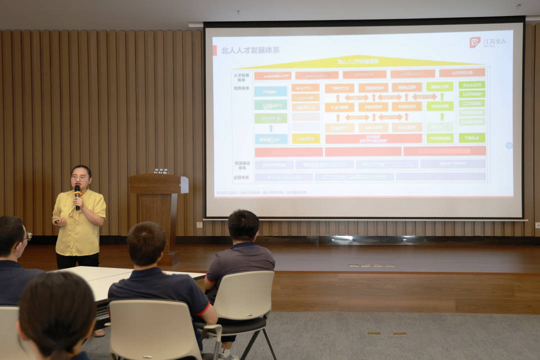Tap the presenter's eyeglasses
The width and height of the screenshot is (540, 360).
[79, 177]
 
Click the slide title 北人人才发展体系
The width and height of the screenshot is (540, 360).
[250, 50]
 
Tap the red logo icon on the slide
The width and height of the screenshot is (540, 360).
[474, 42]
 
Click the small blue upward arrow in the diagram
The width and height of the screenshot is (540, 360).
[271, 128]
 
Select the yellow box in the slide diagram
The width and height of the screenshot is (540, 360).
[305, 138]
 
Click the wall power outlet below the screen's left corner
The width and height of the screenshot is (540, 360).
[199, 225]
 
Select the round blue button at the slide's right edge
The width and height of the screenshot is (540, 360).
[508, 145]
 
